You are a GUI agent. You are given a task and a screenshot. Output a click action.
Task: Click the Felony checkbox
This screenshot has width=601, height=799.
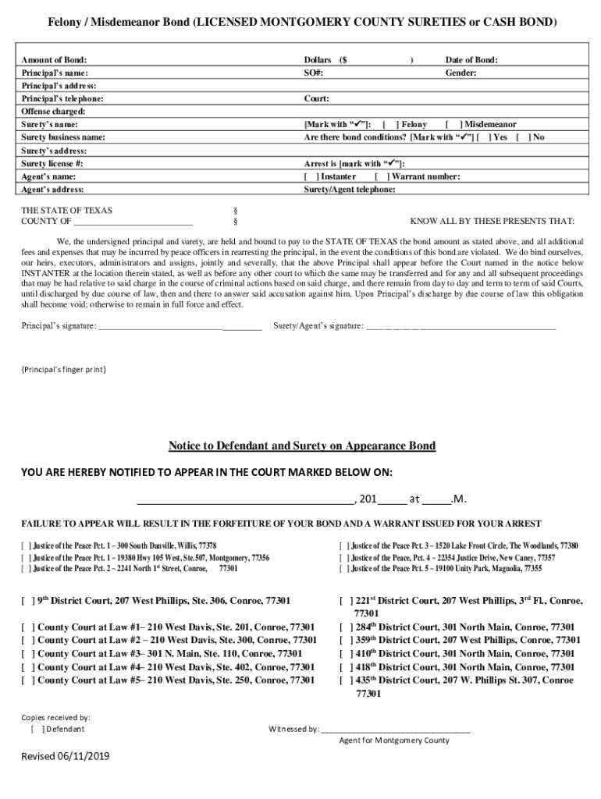pyautogui.click(x=391, y=124)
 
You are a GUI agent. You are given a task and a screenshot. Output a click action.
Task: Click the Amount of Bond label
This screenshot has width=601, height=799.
pyautogui.click(x=54, y=60)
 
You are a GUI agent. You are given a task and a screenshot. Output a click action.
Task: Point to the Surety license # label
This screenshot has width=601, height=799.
pyautogui.click(x=52, y=164)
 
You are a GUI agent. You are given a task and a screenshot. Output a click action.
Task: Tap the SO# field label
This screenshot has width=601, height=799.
pyautogui.click(x=314, y=73)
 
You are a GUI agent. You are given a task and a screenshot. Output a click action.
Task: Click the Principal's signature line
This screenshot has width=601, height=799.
pyautogui.click(x=180, y=326)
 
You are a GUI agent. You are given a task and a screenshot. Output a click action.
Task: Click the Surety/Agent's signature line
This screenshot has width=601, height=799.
pyautogui.click(x=461, y=326)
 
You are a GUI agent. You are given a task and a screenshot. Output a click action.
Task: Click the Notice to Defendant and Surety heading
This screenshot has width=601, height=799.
pyautogui.click(x=302, y=446)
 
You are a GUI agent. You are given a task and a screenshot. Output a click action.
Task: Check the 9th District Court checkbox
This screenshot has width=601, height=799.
pyautogui.click(x=28, y=601)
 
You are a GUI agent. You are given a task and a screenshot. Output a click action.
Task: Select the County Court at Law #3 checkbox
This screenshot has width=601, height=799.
pyautogui.click(x=28, y=653)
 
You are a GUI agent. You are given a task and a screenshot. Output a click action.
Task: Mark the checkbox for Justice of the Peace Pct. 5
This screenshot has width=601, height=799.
pyautogui.click(x=343, y=570)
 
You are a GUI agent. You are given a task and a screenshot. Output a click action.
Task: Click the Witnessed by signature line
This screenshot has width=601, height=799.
pyautogui.click(x=396, y=730)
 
